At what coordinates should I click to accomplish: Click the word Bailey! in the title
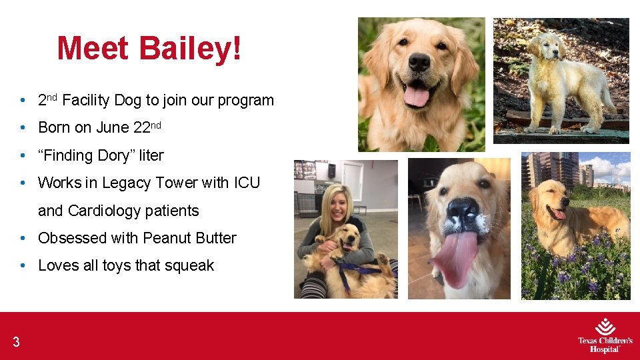(191, 48)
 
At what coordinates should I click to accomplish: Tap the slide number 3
(16, 343)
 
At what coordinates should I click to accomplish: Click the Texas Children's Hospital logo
(605, 335)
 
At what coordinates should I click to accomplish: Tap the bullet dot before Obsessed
(23, 239)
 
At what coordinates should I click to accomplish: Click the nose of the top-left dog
(419, 62)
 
